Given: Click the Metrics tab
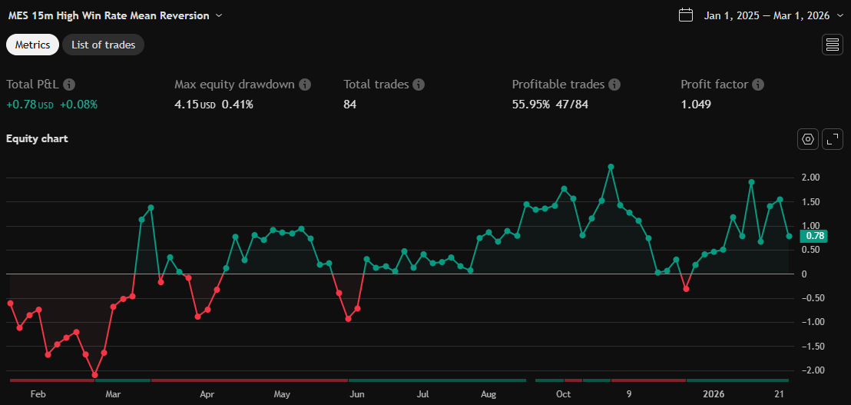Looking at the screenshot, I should (32, 45).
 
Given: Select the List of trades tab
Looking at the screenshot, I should (103, 45).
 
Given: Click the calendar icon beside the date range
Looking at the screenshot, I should (687, 15).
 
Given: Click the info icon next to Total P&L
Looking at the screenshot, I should (69, 85).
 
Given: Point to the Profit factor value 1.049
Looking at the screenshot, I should (695, 105).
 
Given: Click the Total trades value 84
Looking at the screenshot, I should (351, 105).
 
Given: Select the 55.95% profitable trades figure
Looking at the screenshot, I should (531, 105).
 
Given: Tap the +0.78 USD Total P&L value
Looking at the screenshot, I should (29, 105).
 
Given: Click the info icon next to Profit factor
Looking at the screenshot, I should (757, 85).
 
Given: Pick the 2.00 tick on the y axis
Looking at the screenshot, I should (810, 178).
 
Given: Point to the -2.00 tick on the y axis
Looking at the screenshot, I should (809, 370).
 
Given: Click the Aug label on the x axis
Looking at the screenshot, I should (488, 394).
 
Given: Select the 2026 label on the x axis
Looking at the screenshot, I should (714, 394).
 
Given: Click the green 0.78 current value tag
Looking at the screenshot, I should (813, 237).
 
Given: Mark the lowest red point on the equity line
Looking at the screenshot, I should (94, 375).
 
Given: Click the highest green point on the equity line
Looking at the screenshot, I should (611, 167).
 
